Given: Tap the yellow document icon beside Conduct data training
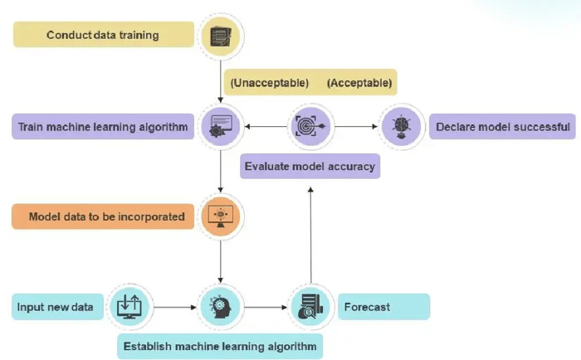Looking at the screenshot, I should click(x=221, y=36).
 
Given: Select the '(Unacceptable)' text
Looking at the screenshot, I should click(x=270, y=83).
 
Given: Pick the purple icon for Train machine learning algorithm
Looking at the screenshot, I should click(x=221, y=127).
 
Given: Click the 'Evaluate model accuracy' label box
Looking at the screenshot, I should click(x=310, y=166).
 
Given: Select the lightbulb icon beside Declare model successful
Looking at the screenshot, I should click(x=400, y=127).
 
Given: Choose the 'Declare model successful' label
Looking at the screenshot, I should click(x=503, y=128).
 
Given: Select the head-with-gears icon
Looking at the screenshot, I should click(x=221, y=306).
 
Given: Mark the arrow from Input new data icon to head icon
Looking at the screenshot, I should click(x=175, y=307).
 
